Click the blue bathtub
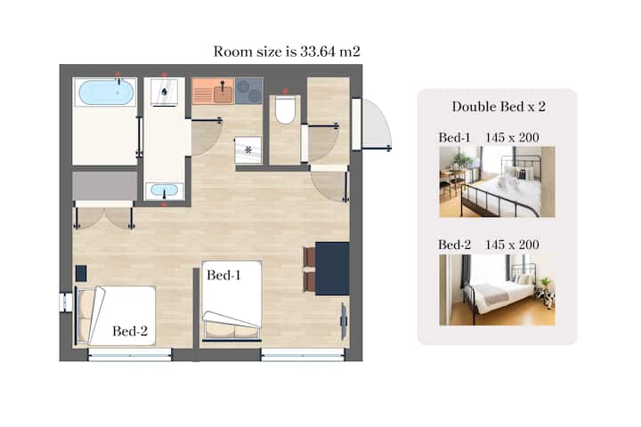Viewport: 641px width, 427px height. [x=105, y=93]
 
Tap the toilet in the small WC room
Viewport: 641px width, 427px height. [x=285, y=110]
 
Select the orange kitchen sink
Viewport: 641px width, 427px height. [x=213, y=91]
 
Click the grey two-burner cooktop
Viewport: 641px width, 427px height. [x=248, y=91]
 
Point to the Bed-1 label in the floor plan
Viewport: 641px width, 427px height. [x=223, y=275]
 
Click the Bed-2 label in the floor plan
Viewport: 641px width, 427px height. [x=130, y=331]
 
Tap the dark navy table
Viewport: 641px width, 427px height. [x=332, y=269]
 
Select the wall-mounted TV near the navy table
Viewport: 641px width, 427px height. [x=345, y=321]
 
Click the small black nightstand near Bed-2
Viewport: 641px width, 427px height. [x=81, y=273]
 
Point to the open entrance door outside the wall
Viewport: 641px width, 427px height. [x=377, y=125]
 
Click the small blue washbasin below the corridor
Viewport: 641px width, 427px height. [x=165, y=190]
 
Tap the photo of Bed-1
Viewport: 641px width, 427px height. [x=497, y=181]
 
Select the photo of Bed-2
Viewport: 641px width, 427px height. [x=497, y=290]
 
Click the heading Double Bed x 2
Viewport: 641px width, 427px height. [x=499, y=107]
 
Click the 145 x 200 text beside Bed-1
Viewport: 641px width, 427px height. [x=512, y=138]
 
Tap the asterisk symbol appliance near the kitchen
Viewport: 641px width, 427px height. [x=248, y=150]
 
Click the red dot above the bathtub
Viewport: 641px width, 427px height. [x=118, y=74]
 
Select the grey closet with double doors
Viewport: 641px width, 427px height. [x=105, y=186]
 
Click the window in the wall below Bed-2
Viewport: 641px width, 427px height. [x=130, y=354]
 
